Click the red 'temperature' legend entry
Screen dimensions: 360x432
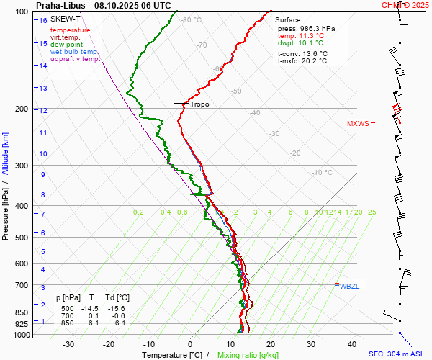(x=71, y=30)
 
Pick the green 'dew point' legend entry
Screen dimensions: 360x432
(x=67, y=45)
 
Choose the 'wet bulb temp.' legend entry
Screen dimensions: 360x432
(x=74, y=52)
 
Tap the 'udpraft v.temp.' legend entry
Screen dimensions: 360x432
(x=76, y=59)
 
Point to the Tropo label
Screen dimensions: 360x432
(x=199, y=104)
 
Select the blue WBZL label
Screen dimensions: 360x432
(x=349, y=287)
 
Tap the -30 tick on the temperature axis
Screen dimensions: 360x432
(x=68, y=344)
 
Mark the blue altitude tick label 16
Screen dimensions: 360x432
(x=43, y=21)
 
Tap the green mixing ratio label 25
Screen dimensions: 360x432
(x=372, y=212)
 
